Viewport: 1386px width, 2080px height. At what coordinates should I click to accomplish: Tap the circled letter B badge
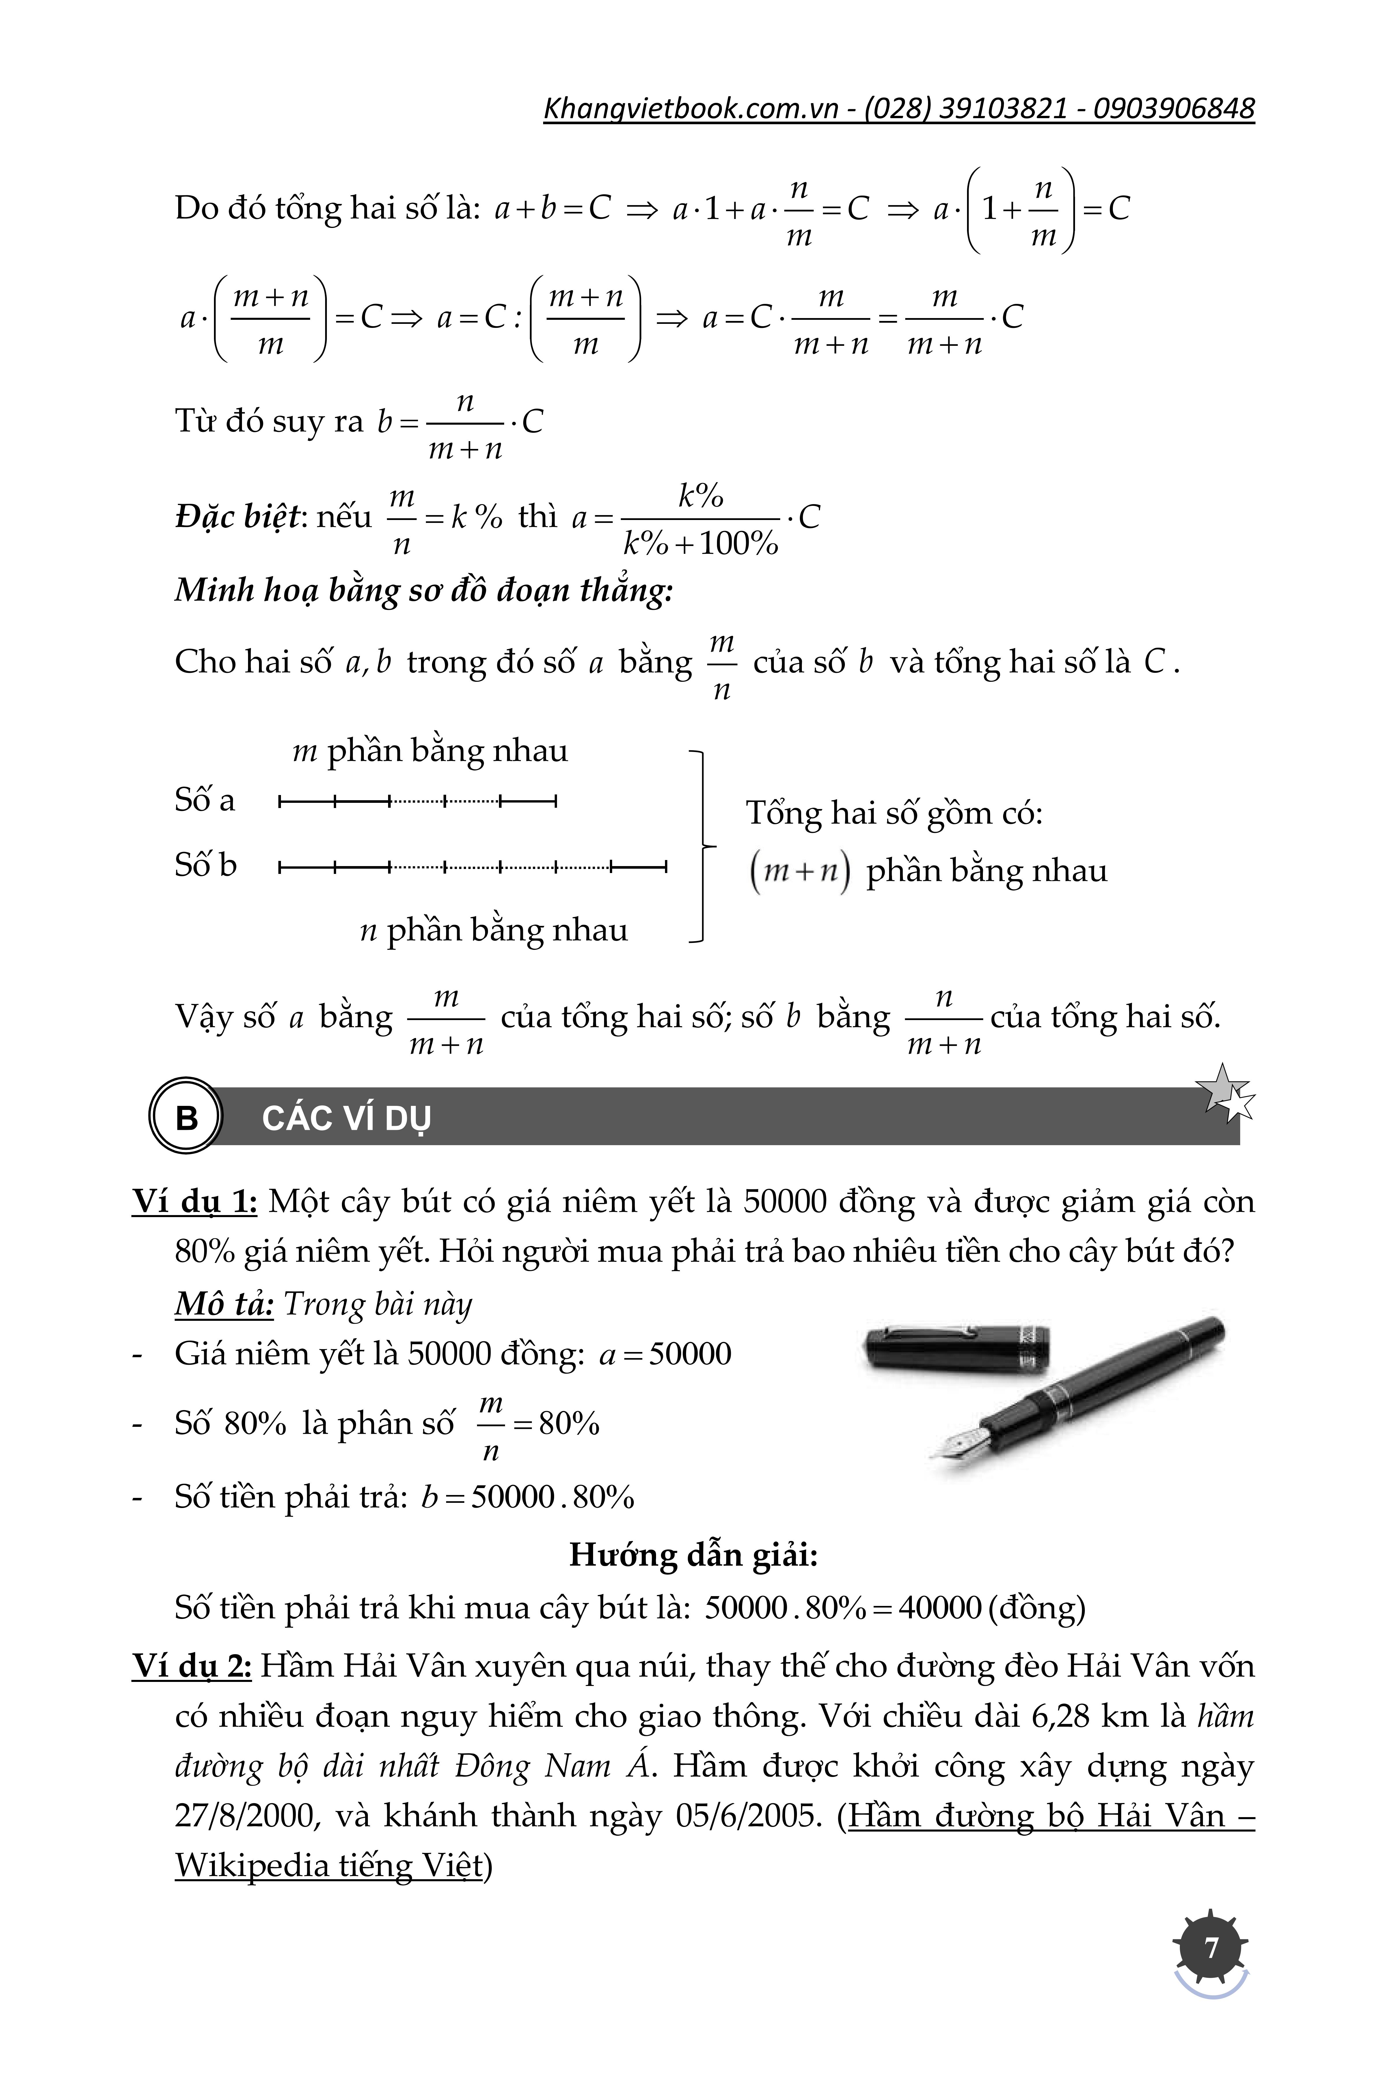pyautogui.click(x=187, y=1117)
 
